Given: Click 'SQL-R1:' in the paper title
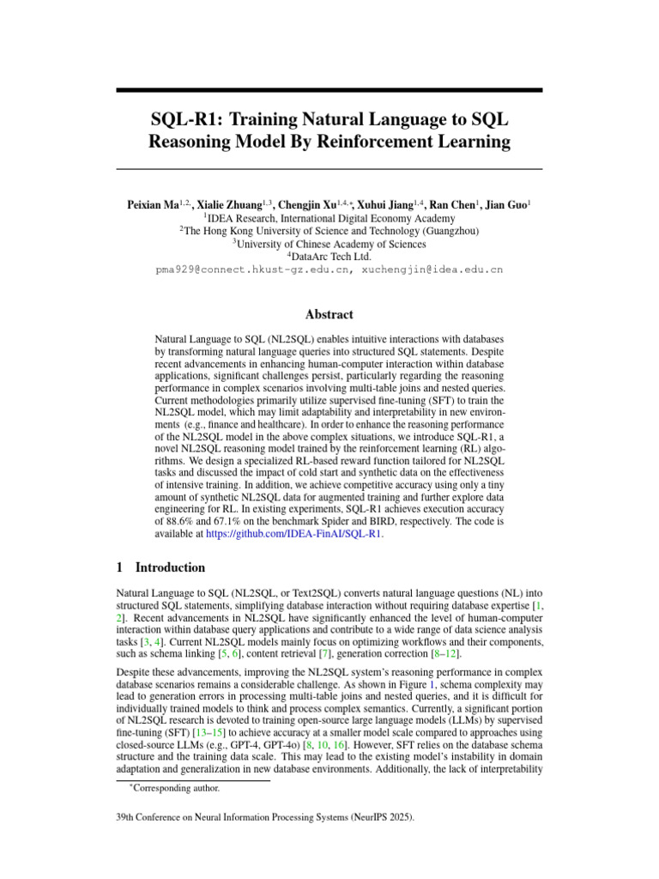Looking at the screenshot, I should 184,119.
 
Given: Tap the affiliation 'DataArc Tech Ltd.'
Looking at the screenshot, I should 329,256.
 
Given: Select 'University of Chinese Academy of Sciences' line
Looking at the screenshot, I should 329,243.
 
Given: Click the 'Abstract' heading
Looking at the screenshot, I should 329,315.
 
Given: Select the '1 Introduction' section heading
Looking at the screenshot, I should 160,568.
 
